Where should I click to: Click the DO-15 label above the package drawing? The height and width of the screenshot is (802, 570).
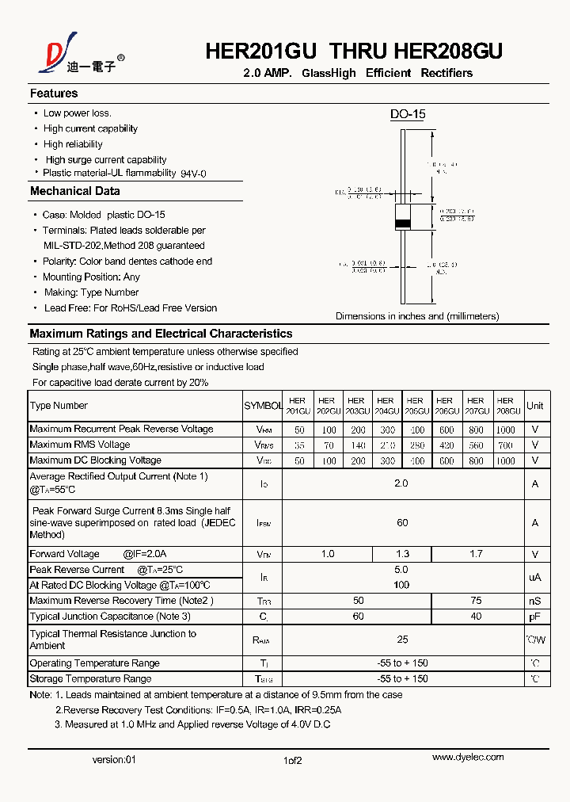(x=408, y=114)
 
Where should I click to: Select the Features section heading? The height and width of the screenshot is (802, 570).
(x=54, y=94)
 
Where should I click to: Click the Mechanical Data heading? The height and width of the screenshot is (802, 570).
(x=75, y=191)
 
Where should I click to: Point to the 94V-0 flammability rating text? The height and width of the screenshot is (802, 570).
(x=193, y=174)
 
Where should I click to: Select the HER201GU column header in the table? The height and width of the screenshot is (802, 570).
(x=298, y=406)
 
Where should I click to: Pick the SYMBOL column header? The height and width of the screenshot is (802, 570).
(x=263, y=406)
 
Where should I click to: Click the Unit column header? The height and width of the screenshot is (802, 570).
(x=535, y=406)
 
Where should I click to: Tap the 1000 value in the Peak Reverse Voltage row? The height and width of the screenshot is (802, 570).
(x=505, y=430)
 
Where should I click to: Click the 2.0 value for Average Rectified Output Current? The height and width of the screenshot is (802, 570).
(x=401, y=483)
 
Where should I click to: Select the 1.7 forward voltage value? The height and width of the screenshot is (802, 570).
(x=476, y=554)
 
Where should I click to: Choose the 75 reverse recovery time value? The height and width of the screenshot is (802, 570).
(x=476, y=601)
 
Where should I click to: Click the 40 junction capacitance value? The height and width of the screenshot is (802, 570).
(x=476, y=616)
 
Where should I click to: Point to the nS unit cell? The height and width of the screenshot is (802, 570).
(x=535, y=601)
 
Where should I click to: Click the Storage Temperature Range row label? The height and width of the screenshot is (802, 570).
(x=90, y=679)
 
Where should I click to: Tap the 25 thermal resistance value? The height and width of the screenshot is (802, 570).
(x=401, y=639)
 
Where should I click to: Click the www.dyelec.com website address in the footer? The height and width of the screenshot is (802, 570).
(x=467, y=757)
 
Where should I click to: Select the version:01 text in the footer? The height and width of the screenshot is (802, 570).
(x=114, y=759)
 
